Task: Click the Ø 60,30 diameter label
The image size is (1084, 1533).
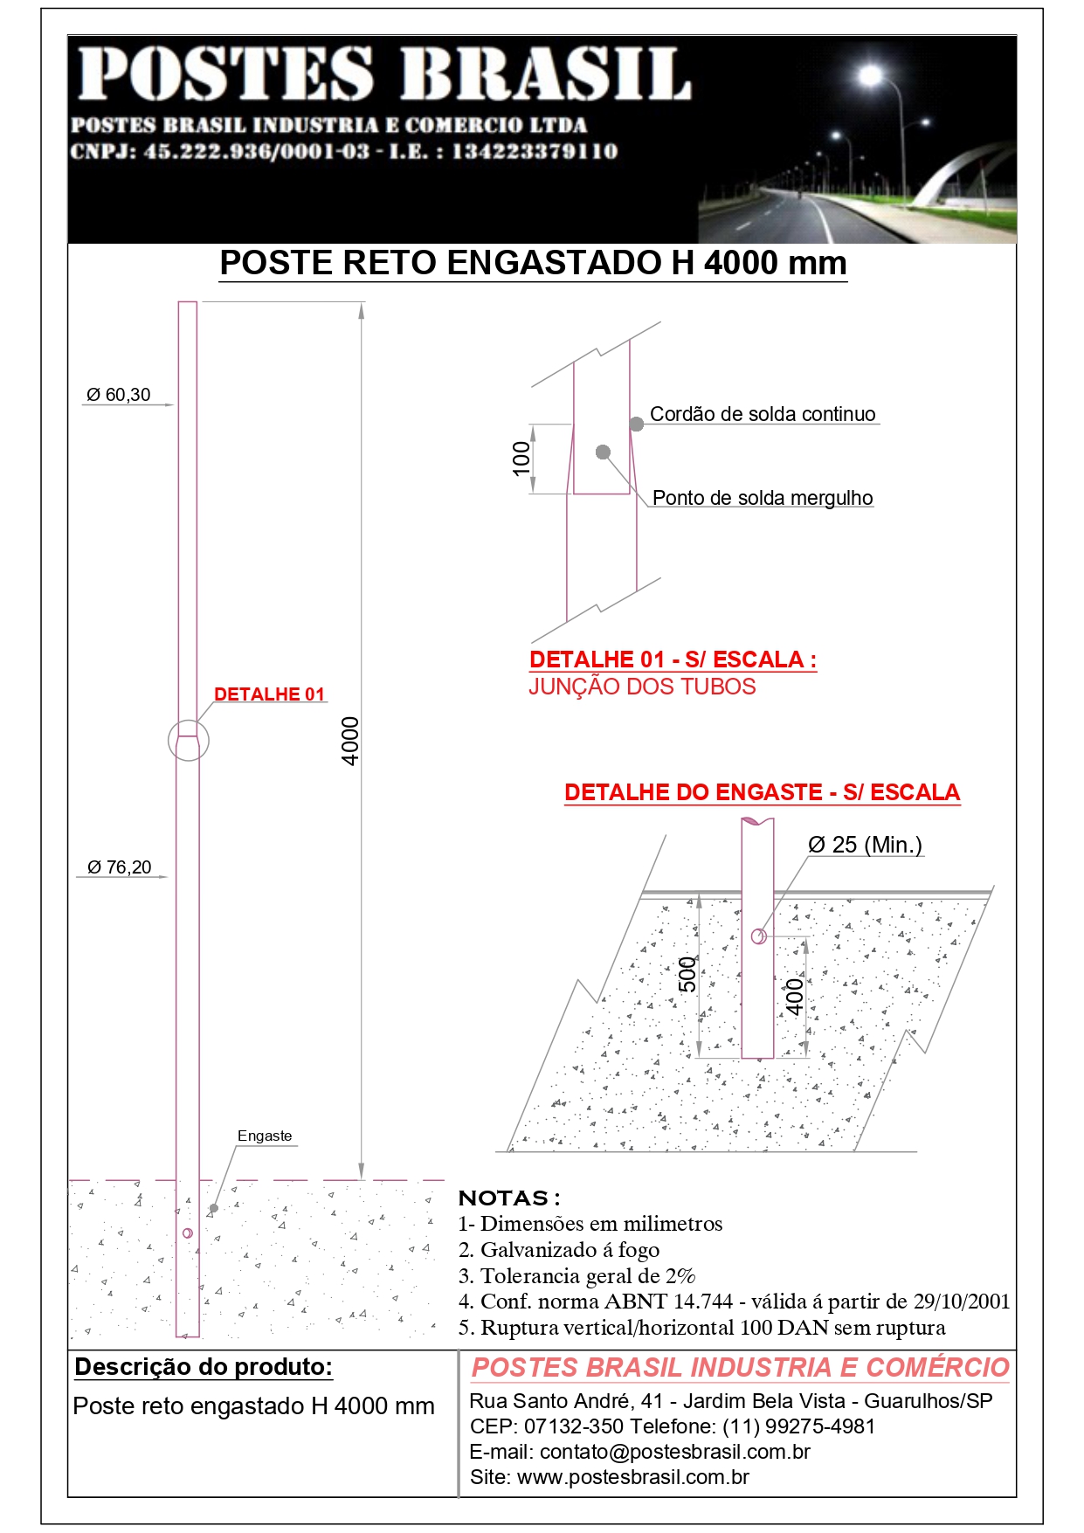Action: coord(119,395)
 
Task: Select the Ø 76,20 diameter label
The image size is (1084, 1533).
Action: coord(120,867)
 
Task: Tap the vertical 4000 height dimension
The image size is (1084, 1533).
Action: coord(350,741)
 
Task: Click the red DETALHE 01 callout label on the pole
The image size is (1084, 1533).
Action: coord(269,694)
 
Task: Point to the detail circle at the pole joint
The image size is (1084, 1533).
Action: coord(188,741)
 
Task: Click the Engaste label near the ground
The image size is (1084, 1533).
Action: coord(265,1136)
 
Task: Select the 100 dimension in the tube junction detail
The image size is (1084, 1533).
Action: coord(521,459)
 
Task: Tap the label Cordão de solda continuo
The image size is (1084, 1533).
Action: coord(763,414)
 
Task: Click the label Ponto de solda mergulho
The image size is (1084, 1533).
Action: coord(763,498)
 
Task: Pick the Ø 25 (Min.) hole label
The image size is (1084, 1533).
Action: coord(865,845)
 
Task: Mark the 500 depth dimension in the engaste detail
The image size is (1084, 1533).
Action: coord(688,974)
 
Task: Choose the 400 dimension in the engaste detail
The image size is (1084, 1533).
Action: coord(794,997)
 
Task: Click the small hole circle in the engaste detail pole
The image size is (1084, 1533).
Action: coord(758,936)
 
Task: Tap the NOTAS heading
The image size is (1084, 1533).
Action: coord(509,1198)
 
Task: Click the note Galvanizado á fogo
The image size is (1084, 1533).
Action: coord(570,1250)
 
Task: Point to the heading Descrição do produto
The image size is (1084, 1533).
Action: coord(204,1367)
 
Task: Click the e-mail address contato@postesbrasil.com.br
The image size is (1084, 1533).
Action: coord(674,1452)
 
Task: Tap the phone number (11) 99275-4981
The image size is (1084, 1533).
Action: coord(798,1426)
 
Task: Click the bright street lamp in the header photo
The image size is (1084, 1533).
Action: coord(870,76)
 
